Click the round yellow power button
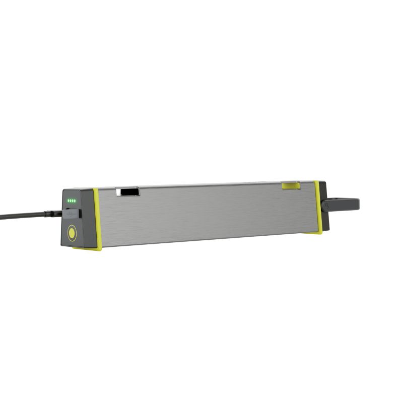point(72,233)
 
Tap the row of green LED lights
point(72,201)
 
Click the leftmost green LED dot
point(68,201)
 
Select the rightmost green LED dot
point(75,201)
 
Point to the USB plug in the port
point(71,213)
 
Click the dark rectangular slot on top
point(128,192)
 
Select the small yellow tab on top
point(291,186)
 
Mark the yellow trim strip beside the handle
point(317,207)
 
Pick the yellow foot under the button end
point(87,248)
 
